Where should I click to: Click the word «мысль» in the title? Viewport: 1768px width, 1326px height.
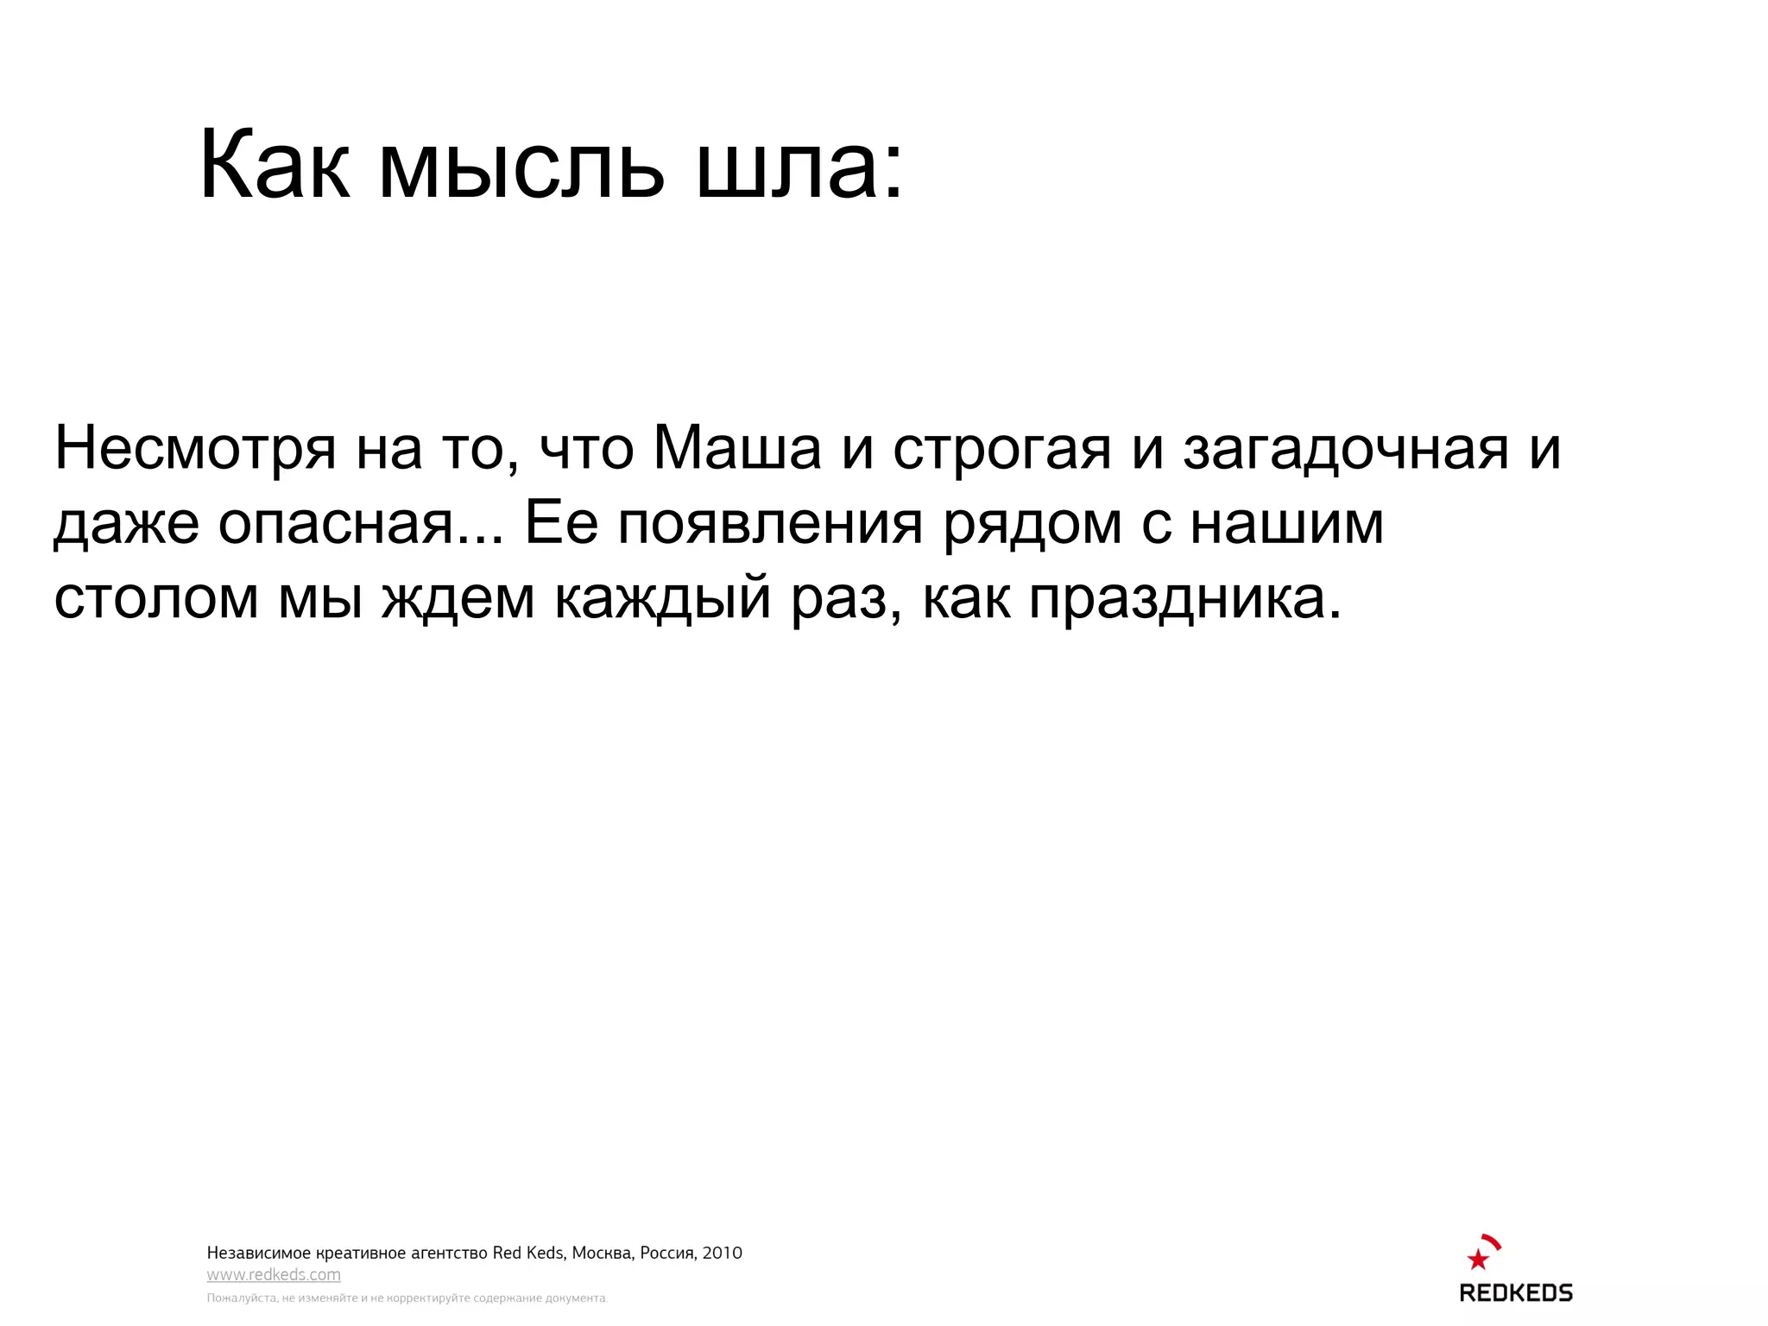pos(521,166)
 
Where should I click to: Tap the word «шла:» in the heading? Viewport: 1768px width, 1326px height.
pos(799,166)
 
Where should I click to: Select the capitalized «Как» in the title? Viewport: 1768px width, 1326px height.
pos(275,166)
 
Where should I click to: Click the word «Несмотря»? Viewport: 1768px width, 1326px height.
pos(195,449)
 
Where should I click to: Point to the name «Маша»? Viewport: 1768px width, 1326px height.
pos(737,449)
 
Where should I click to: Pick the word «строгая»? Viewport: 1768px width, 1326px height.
pos(1001,451)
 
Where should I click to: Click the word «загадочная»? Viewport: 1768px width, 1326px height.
pos(1345,451)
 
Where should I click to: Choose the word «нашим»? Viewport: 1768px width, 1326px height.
pos(1286,523)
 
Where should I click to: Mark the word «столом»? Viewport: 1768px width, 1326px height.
pos(156,598)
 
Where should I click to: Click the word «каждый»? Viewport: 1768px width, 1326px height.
pos(662,598)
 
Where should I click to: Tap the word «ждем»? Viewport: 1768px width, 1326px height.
pos(458,598)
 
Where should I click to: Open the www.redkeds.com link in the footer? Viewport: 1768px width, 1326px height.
pos(274,1275)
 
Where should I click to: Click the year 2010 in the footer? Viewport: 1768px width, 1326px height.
pos(722,1253)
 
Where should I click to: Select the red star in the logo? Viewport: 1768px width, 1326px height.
pos(1478,1260)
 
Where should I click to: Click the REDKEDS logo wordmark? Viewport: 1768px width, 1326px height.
pos(1515,1292)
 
